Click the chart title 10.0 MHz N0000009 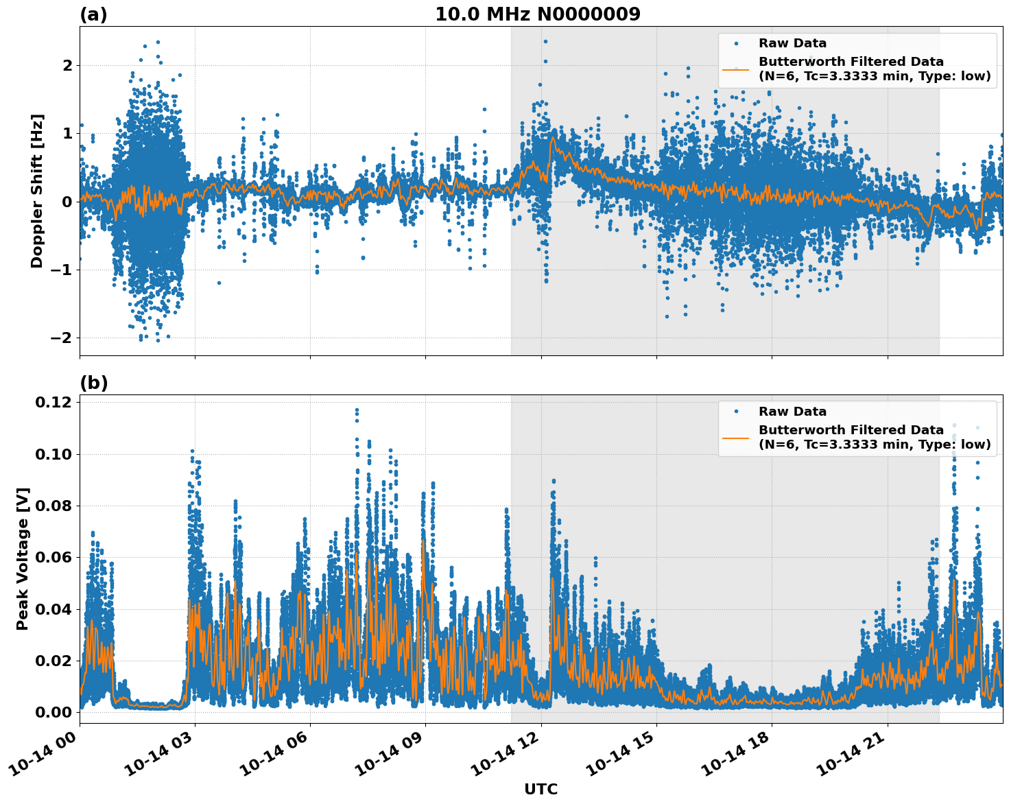coord(537,14)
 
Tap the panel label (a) coord(93,14)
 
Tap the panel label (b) coord(93,383)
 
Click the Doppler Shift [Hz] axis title coord(37,191)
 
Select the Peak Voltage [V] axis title coord(23,559)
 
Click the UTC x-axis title coord(541,789)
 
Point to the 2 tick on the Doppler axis coord(67,65)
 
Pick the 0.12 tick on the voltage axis coord(53,402)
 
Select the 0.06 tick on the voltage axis coord(53,557)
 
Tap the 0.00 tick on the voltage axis coord(53,712)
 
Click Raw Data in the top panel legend coord(792,43)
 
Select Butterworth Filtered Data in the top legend coord(851,62)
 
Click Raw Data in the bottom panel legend coord(792,412)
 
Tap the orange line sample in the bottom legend coord(736,438)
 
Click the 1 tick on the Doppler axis coord(67,133)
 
